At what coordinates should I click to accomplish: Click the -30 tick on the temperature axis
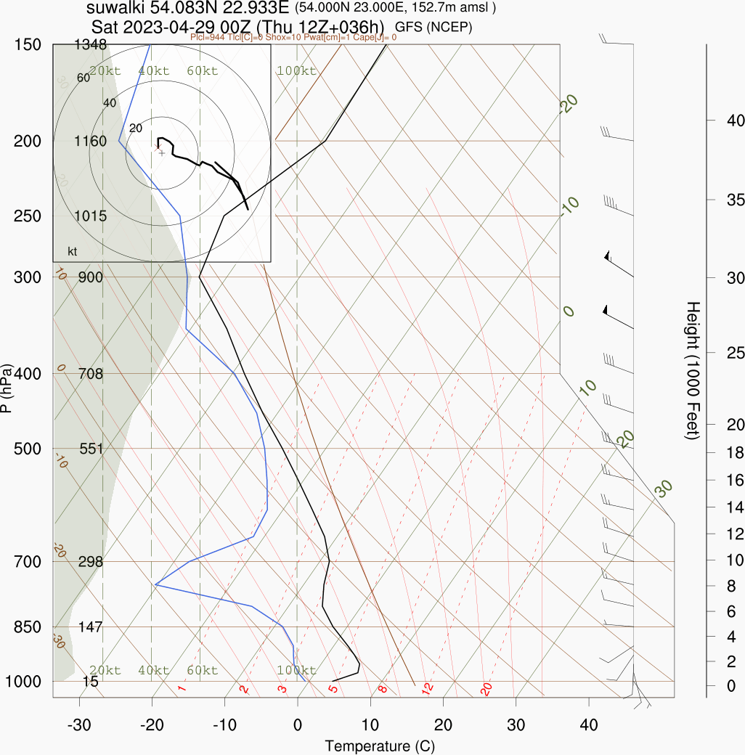(78, 725)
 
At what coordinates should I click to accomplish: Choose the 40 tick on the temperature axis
(589, 725)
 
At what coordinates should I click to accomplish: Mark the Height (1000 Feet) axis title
(692, 370)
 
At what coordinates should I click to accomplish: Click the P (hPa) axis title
(7, 388)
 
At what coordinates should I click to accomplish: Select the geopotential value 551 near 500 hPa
(91, 449)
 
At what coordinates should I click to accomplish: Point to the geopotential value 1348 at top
(90, 45)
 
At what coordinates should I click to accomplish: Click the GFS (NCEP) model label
(433, 27)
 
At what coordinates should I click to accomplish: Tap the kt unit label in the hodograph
(73, 251)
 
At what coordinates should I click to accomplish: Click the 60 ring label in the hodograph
(83, 78)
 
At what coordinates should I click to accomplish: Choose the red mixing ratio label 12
(428, 687)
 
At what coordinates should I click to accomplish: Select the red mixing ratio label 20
(487, 688)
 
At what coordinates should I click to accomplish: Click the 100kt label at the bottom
(297, 670)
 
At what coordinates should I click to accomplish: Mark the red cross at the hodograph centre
(157, 147)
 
